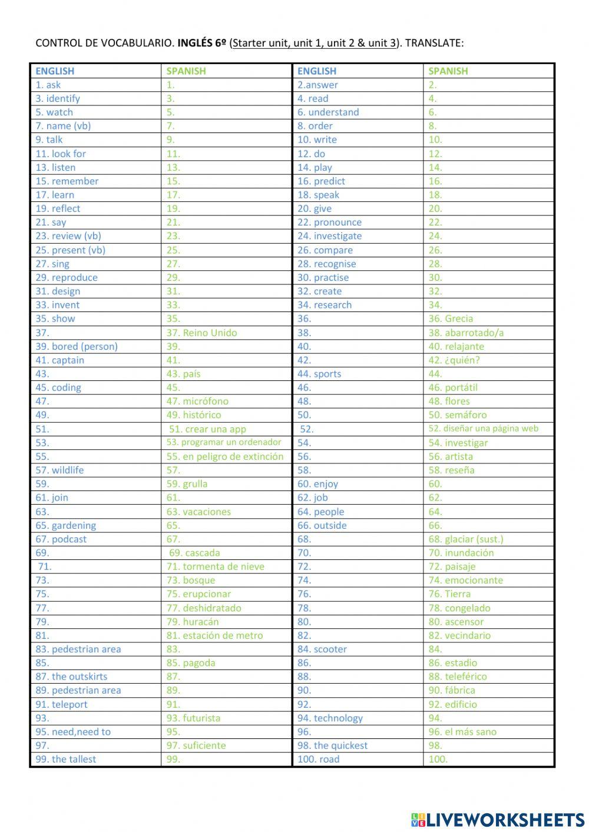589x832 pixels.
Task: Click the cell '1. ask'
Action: click(48, 85)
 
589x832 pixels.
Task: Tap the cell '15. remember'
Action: click(67, 181)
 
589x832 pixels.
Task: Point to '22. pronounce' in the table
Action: click(329, 222)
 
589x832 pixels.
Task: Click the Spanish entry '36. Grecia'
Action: click(451, 319)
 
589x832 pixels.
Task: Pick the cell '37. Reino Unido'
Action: click(201, 333)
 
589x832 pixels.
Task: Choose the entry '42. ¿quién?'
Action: click(454, 360)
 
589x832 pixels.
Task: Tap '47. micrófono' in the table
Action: click(197, 401)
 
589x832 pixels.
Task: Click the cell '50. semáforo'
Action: click(458, 415)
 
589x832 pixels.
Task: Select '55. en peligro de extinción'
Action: click(224, 456)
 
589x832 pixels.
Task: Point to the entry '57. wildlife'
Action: click(59, 470)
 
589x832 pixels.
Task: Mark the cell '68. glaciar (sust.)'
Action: click(466, 539)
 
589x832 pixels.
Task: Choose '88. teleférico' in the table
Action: click(458, 677)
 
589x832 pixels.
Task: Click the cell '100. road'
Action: click(318, 759)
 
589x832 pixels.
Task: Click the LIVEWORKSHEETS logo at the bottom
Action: click(497, 819)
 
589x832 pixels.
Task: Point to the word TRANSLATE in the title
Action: click(434, 43)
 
